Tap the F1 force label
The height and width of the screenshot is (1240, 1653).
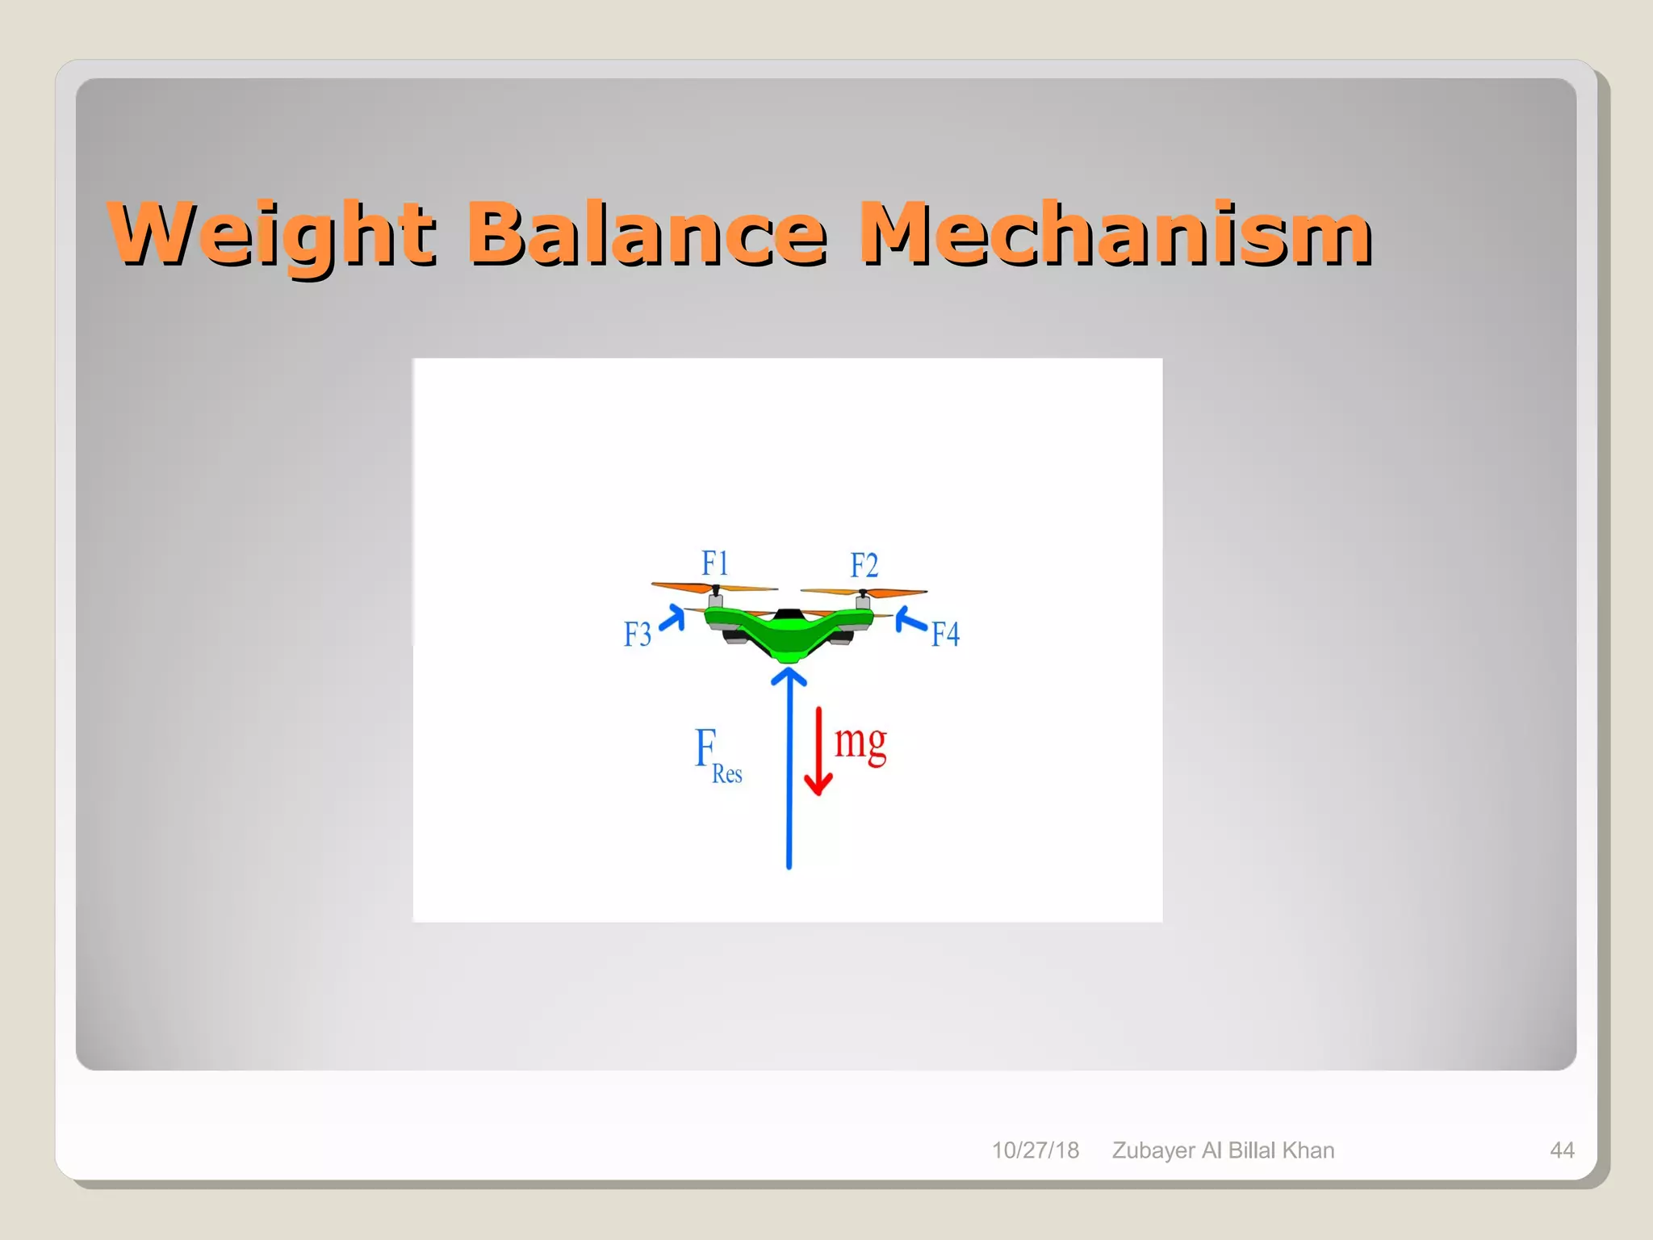714,563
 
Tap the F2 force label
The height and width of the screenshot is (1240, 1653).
864,565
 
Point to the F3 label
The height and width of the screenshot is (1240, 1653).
637,635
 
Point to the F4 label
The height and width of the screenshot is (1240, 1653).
945,635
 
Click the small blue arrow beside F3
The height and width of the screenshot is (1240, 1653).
673,619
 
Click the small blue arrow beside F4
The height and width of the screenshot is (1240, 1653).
910,621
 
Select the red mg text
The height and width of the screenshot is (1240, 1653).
860,741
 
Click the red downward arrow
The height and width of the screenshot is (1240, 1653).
818,751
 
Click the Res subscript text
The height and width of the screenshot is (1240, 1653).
726,774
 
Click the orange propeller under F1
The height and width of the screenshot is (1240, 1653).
714,588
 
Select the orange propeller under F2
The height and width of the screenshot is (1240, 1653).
864,592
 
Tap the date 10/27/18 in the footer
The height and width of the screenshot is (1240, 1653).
1035,1150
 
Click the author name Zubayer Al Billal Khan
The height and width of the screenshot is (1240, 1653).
1223,1150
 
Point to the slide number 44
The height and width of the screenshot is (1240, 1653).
1562,1150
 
